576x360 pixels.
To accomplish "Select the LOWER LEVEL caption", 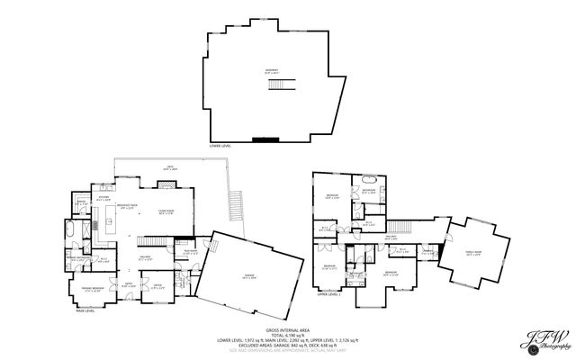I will coord(221,145).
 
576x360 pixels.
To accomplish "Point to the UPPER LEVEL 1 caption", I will coord(328,294).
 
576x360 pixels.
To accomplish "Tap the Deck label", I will coord(168,167).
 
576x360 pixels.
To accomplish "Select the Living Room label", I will coord(166,213).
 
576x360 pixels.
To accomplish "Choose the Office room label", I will coord(157,287).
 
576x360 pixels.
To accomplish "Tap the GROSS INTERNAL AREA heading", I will coord(288,330).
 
